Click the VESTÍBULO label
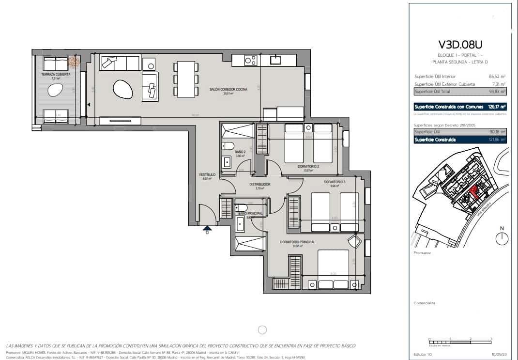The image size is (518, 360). (207, 175)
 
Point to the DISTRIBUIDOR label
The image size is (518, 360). (259, 185)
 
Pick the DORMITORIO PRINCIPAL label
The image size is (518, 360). (297, 242)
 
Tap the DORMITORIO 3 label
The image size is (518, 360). (335, 182)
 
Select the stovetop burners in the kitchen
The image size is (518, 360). (250, 61)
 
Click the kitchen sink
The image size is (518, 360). (276, 60)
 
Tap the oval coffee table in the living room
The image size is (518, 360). (122, 89)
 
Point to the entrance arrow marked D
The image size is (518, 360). (207, 229)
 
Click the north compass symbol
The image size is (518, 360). (502, 237)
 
